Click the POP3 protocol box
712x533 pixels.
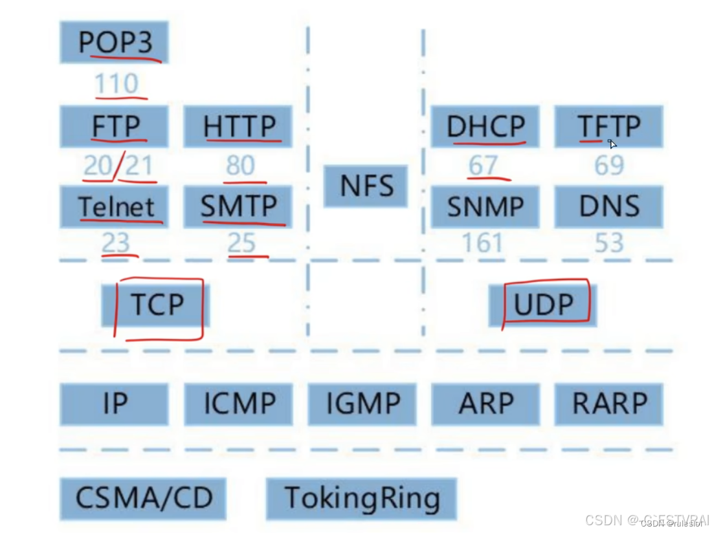pyautogui.click(x=114, y=42)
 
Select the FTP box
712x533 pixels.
pyautogui.click(x=114, y=126)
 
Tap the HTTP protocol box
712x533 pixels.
pyautogui.click(x=238, y=126)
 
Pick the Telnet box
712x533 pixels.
pyautogui.click(x=114, y=206)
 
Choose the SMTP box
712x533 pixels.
pyautogui.click(x=238, y=206)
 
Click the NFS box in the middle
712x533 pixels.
pyautogui.click(x=366, y=186)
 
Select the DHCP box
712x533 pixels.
pyautogui.click(x=485, y=126)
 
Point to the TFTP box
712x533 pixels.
pyautogui.click(x=609, y=126)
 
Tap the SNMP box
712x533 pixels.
pyautogui.click(x=485, y=206)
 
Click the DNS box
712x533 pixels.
pyautogui.click(x=609, y=206)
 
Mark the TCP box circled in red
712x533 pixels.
pyautogui.click(x=156, y=305)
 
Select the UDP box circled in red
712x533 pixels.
pyautogui.click(x=543, y=305)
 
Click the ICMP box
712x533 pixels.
pyautogui.click(x=238, y=404)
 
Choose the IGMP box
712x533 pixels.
pyautogui.click(x=362, y=404)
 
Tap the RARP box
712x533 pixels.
pyautogui.click(x=609, y=404)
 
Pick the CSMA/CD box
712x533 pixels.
pyautogui.click(x=144, y=498)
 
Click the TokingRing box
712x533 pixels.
pyautogui.click(x=362, y=498)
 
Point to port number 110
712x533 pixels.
pyautogui.click(x=117, y=84)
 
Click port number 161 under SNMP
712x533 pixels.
pyautogui.click(x=482, y=243)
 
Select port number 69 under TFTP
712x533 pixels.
pyautogui.click(x=609, y=166)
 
